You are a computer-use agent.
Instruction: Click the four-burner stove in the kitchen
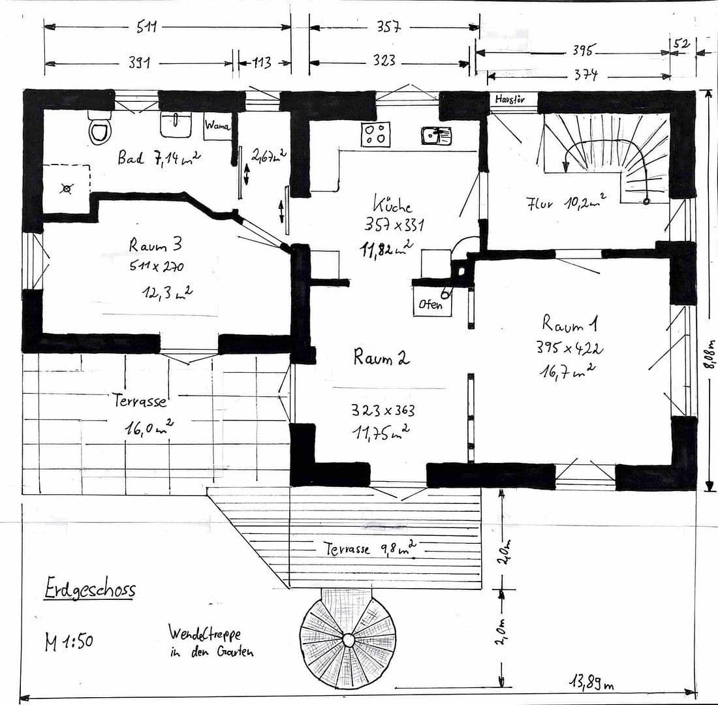pyautogui.click(x=375, y=134)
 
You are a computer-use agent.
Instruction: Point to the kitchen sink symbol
pyautogui.click(x=436, y=135)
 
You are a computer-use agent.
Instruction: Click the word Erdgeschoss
pyautogui.click(x=90, y=589)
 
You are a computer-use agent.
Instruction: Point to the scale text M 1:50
pyautogui.click(x=69, y=642)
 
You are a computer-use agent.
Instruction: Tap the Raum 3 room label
pyautogui.click(x=155, y=245)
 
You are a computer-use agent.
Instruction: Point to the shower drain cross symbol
pyautogui.click(x=66, y=189)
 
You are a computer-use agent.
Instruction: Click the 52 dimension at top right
pyautogui.click(x=681, y=43)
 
